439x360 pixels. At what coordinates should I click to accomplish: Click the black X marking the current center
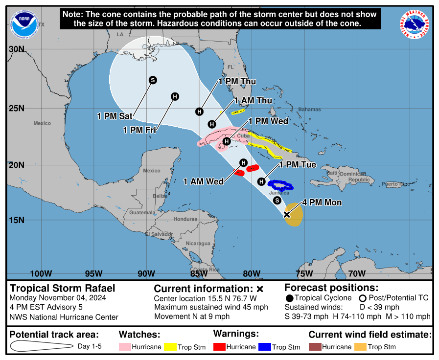(287, 214)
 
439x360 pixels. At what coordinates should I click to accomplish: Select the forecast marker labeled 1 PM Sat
(153, 80)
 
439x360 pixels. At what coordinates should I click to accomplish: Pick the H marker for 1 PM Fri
(175, 96)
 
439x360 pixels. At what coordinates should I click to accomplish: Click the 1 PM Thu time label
(237, 81)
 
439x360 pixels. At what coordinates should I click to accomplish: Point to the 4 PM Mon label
(322, 202)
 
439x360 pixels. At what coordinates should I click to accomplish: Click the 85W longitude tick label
(199, 273)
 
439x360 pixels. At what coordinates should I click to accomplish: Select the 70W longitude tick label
(357, 273)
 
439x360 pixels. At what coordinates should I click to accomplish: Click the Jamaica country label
(279, 193)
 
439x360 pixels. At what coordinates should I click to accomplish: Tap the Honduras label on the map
(185, 219)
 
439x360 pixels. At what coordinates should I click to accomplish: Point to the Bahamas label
(309, 110)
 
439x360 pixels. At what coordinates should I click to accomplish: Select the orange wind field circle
(294, 215)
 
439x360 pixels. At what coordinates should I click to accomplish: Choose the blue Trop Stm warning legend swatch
(265, 347)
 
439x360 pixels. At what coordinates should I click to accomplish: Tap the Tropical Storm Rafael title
(56, 288)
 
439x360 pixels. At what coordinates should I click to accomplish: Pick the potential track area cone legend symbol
(42, 346)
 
